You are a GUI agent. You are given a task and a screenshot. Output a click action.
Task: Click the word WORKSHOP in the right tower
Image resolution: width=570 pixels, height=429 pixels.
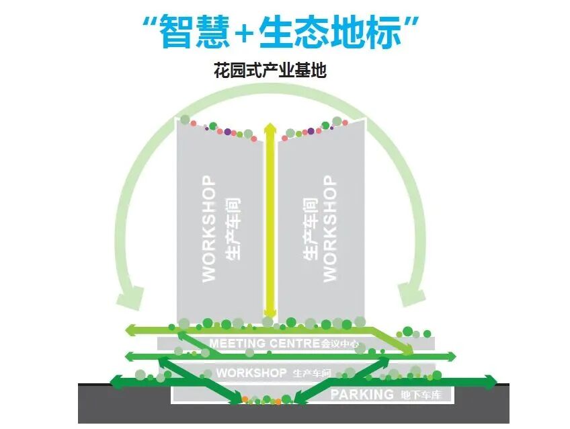point(329,229)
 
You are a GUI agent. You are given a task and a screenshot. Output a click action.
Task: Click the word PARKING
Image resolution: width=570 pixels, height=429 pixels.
point(361,395)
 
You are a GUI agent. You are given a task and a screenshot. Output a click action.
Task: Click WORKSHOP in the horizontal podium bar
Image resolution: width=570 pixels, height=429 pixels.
point(251,373)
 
